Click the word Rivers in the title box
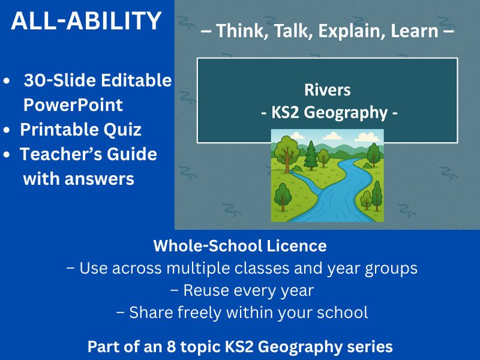pos(327,90)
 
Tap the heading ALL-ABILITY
pos(86,22)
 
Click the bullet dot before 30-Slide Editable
pos(7,81)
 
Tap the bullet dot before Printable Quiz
pos(7,130)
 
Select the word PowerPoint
pos(73,105)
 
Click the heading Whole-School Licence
pos(240,245)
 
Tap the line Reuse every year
pos(242,290)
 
